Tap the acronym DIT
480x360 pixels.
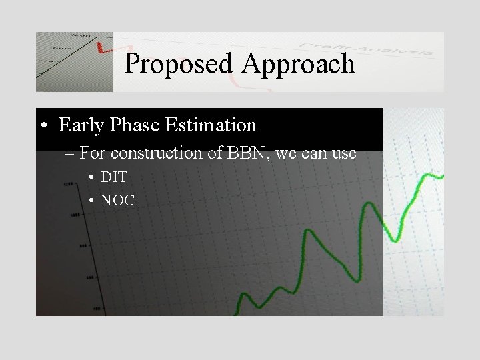tap(114, 177)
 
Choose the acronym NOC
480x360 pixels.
tap(117, 199)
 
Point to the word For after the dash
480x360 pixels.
tap(93, 153)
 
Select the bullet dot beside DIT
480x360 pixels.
tap(91, 178)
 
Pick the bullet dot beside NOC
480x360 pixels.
tap(91, 200)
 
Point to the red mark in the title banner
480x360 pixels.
tap(101, 48)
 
